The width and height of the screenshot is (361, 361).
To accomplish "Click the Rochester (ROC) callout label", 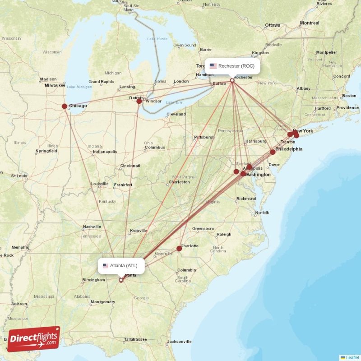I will pyautogui.click(x=232, y=66).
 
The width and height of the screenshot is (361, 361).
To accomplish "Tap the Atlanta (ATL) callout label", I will pyautogui.click(x=121, y=265).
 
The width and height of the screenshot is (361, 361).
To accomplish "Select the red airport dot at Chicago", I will pyautogui.click(x=65, y=106).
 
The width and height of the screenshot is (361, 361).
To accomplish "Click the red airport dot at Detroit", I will pyautogui.click(x=139, y=101).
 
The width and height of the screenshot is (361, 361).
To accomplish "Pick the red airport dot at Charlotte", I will pyautogui.click(x=179, y=248).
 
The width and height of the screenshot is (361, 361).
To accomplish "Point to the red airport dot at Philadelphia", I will pyautogui.click(x=273, y=152).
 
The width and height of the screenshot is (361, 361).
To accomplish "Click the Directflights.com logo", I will pyautogui.click(x=34, y=339).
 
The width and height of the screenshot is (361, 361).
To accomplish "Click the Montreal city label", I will pyautogui.click(x=310, y=23).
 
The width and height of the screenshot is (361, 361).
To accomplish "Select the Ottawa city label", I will pyautogui.click(x=273, y=25).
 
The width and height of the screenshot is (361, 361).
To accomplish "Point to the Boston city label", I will pyautogui.click(x=349, y=96).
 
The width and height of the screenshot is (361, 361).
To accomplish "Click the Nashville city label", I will pyautogui.click(x=92, y=227).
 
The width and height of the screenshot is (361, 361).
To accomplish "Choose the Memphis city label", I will pyautogui.click(x=20, y=247).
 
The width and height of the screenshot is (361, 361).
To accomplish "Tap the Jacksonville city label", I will pyautogui.click(x=179, y=341).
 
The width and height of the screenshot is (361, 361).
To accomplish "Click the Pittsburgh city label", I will pyautogui.click(x=204, y=137).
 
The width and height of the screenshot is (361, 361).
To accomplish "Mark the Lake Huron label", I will pyautogui.click(x=157, y=39).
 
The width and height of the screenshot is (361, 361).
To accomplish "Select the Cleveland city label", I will pyautogui.click(x=176, y=114).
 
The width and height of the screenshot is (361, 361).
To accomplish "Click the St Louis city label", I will pyautogui.click(x=19, y=176).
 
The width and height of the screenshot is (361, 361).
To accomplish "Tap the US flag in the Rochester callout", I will pyautogui.click(x=213, y=66).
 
